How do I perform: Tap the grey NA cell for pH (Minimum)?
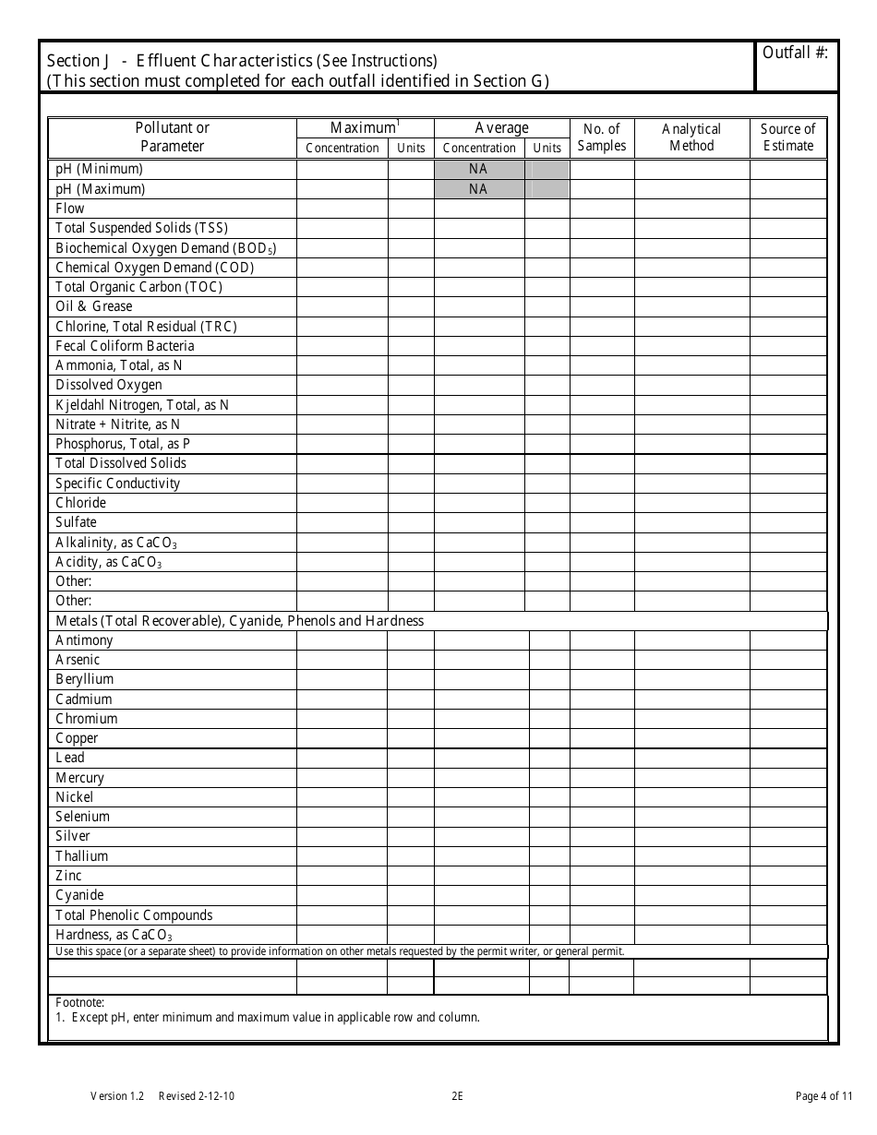478,169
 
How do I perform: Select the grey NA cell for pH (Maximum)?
478,189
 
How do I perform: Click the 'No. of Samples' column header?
602,137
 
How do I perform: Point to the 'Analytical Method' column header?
691,137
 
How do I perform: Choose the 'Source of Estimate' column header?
787,137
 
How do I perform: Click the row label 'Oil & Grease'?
94,306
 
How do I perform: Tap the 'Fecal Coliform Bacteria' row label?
125,346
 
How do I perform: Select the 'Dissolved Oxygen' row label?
109,385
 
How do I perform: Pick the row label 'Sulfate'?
76,522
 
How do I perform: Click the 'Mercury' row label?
80,778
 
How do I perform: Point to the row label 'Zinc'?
68,876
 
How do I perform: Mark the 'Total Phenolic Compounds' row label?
134,915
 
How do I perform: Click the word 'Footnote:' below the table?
80,1003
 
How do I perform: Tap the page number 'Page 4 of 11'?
818,1096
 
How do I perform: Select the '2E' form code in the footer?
457,1096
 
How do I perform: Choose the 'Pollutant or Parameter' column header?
173,137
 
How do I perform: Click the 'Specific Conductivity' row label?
118,484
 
